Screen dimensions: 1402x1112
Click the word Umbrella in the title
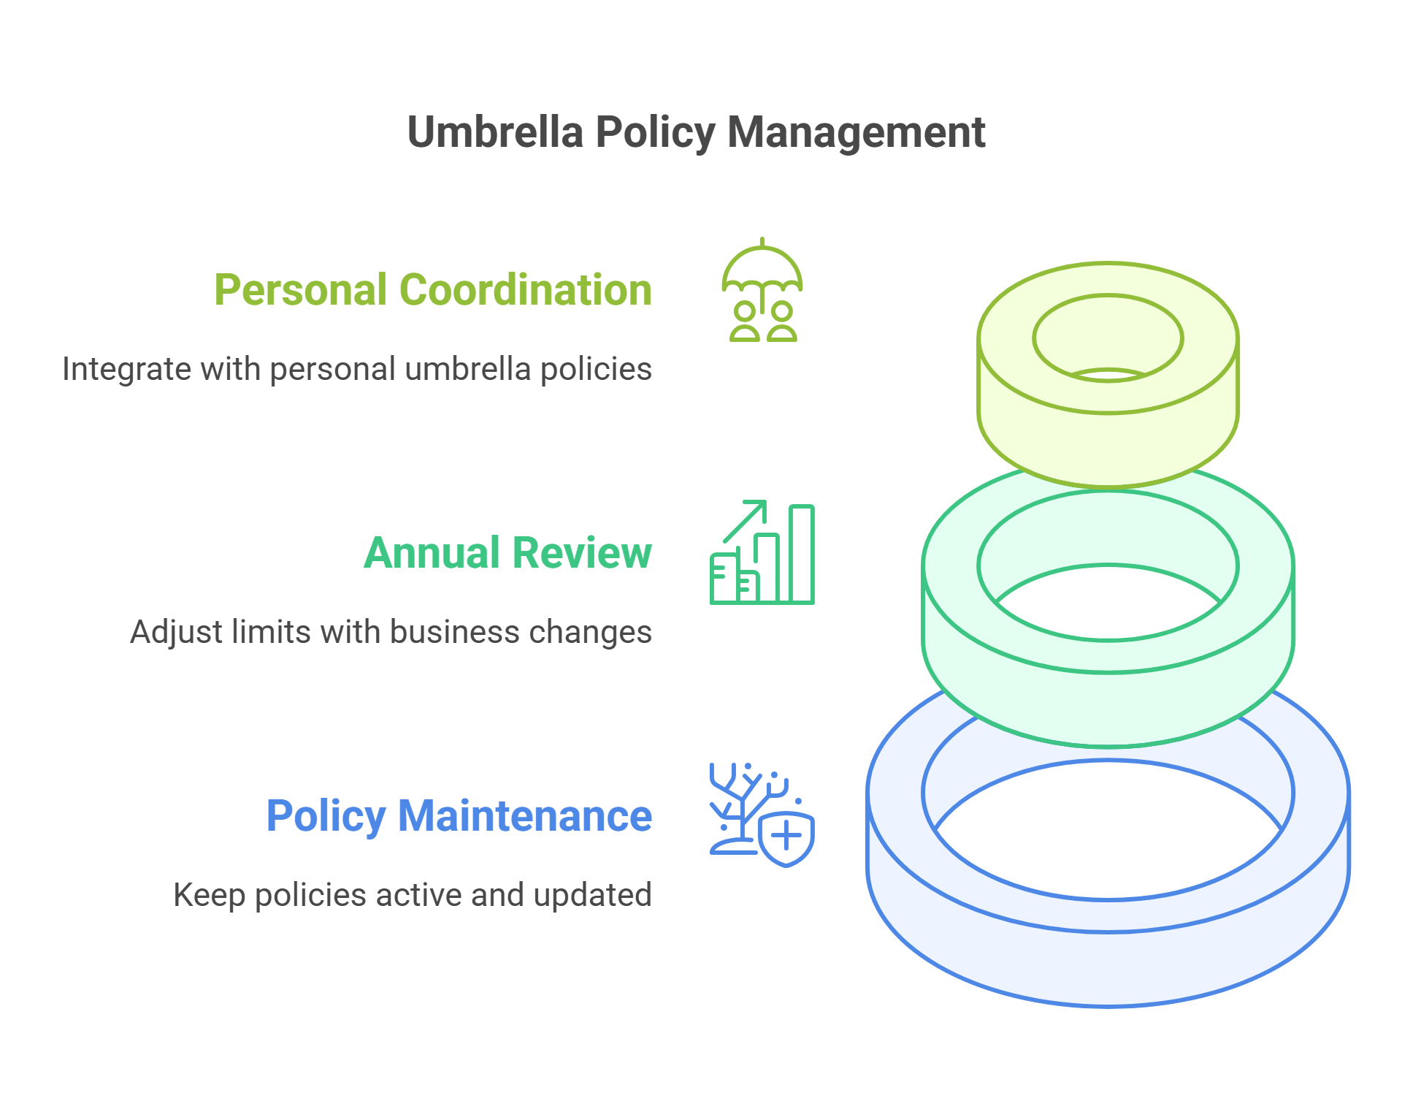(495, 132)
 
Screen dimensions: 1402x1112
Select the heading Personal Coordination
(432, 290)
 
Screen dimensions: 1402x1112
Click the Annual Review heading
(507, 553)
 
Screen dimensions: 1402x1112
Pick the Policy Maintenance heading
(459, 816)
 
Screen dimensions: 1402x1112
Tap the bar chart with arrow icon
(762, 553)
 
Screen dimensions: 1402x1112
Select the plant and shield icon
(762, 815)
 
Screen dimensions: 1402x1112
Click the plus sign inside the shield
(786, 836)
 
